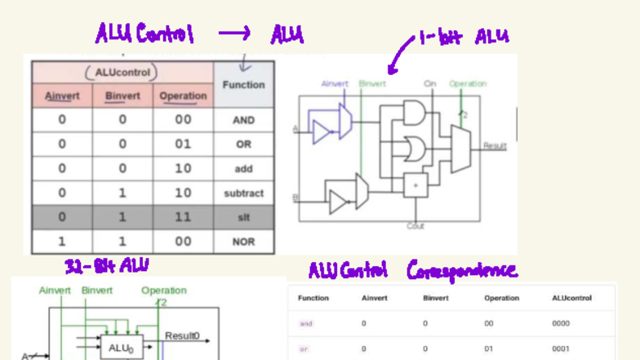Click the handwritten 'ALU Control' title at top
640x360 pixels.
pyautogui.click(x=144, y=34)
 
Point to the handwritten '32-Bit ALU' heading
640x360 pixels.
pyautogui.click(x=106, y=265)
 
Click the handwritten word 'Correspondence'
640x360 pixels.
pyautogui.click(x=461, y=270)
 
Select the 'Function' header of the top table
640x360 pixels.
pyautogui.click(x=243, y=85)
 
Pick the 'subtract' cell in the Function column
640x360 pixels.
pyautogui.click(x=243, y=193)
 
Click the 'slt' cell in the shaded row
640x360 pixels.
pyautogui.click(x=243, y=218)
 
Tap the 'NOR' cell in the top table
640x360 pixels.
pyautogui.click(x=243, y=242)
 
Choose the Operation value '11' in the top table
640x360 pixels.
pyautogui.click(x=183, y=218)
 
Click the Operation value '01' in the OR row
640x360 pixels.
pyautogui.click(x=183, y=144)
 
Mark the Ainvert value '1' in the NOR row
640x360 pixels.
pyautogui.click(x=62, y=242)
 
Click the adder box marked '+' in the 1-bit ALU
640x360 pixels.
pyautogui.click(x=416, y=185)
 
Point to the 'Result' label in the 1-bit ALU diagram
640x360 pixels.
pyautogui.click(x=495, y=146)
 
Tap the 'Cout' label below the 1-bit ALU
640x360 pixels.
pyautogui.click(x=416, y=226)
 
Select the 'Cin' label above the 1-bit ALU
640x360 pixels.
pyautogui.click(x=429, y=83)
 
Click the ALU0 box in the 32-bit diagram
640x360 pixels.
pyautogui.click(x=120, y=347)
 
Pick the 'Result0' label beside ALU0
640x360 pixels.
pyautogui.click(x=182, y=336)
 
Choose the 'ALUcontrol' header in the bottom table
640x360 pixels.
pyautogui.click(x=571, y=298)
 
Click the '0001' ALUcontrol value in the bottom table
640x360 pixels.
pyautogui.click(x=561, y=349)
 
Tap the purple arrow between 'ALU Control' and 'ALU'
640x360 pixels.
pyautogui.click(x=234, y=33)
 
